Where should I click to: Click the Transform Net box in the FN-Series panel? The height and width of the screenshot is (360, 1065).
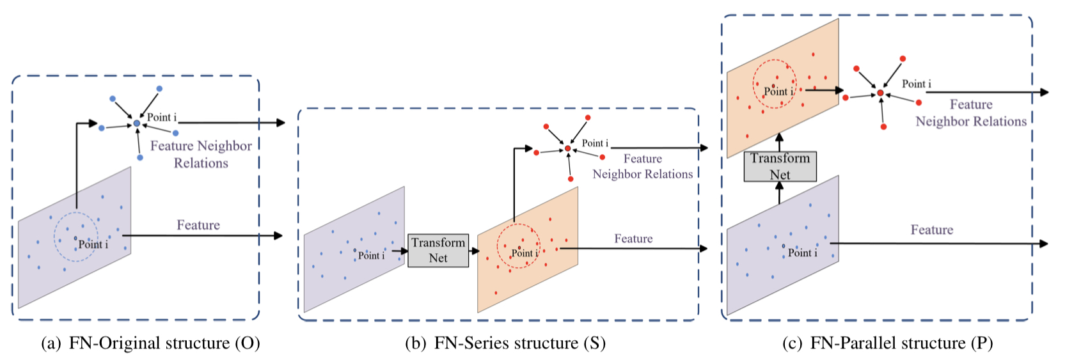pos(438,250)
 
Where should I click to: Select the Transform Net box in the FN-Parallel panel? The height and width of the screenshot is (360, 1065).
pos(780,166)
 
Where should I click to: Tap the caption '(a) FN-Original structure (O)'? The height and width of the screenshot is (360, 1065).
pos(150,343)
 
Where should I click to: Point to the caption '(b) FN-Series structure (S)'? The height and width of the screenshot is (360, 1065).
pos(505,343)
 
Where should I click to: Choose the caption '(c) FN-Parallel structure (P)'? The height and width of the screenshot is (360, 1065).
pos(887,343)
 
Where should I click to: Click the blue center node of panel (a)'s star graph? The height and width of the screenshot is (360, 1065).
pos(137,123)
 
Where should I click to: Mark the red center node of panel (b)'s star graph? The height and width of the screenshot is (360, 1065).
pos(567,148)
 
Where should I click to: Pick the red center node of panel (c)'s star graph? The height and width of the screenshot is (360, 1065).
pos(880,93)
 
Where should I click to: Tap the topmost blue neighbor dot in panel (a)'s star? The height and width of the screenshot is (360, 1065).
pos(159,89)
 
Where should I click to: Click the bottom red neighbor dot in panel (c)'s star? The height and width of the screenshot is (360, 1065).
pos(883,127)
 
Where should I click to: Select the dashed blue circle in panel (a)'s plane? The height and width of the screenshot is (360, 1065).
pos(75,237)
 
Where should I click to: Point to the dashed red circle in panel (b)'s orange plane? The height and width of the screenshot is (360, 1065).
pos(518,246)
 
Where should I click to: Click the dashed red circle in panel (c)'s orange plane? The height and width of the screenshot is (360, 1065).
pos(774,84)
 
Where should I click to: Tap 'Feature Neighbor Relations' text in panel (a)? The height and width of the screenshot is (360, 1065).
pos(201,154)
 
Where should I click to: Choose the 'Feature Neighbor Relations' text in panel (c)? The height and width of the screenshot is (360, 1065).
pos(970,113)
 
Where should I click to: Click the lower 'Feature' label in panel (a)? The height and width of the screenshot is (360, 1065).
pos(198,225)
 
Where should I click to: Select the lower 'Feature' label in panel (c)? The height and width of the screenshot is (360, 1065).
pos(931,230)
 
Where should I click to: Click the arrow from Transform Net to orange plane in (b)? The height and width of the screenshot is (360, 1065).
pos(473,251)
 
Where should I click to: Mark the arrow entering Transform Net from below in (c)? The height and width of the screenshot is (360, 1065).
pos(779,192)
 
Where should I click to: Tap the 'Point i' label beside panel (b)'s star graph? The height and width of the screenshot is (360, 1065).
pos(595,143)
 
